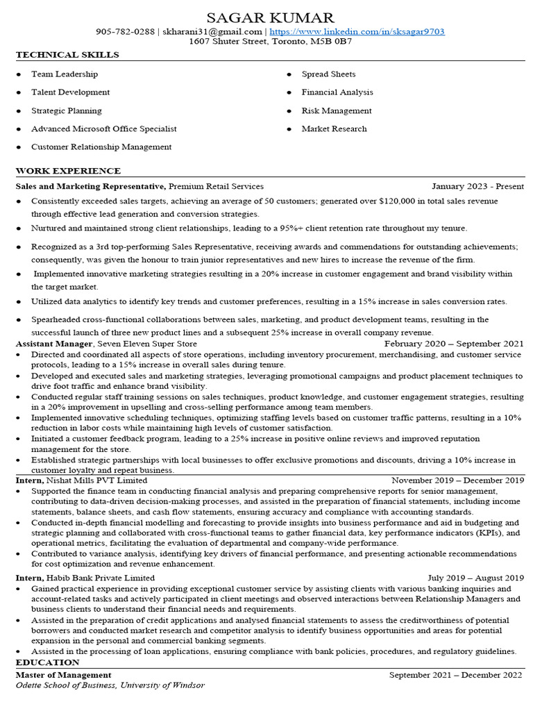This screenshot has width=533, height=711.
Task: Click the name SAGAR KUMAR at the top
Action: click(x=270, y=17)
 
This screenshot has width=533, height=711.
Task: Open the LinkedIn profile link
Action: click(x=357, y=32)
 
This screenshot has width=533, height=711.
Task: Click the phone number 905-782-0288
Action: click(x=125, y=32)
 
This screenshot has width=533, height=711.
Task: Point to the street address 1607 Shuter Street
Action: click(x=227, y=42)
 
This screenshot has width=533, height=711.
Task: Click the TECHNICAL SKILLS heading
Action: click(x=67, y=55)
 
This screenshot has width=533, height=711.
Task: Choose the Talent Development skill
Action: click(x=70, y=92)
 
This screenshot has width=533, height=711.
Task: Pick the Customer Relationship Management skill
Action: click(x=101, y=147)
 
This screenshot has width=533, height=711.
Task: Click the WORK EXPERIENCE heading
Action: click(x=68, y=171)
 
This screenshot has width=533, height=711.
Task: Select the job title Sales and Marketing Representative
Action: click(x=90, y=187)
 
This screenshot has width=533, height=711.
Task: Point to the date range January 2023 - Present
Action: click(x=477, y=187)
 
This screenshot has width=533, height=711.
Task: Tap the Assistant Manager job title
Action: click(x=55, y=344)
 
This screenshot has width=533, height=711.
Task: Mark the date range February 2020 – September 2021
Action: click(x=454, y=344)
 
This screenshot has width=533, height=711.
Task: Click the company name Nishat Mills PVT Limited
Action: click(x=97, y=480)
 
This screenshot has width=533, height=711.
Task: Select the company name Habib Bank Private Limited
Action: click(x=101, y=578)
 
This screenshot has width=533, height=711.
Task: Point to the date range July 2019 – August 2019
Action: click(x=475, y=578)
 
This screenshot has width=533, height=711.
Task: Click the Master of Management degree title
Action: click(x=63, y=675)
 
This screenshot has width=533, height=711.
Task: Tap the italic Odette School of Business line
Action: click(x=110, y=685)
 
